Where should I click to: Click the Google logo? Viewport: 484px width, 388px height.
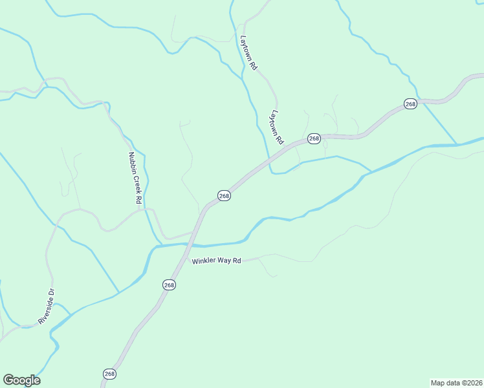click(x=21, y=380)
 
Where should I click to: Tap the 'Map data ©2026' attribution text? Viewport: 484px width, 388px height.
click(x=456, y=382)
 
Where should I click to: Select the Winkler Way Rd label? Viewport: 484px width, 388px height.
click(x=216, y=261)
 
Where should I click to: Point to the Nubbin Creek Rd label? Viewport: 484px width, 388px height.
click(x=135, y=178)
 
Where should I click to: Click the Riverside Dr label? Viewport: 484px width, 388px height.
click(x=47, y=307)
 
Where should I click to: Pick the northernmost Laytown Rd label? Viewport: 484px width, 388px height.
click(x=249, y=53)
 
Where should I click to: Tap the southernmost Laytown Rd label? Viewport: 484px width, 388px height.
click(x=277, y=127)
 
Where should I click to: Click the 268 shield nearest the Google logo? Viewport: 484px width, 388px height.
click(x=109, y=374)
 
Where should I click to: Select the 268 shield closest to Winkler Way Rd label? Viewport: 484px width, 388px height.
click(x=168, y=285)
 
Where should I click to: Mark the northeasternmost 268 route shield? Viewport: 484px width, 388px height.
click(x=410, y=103)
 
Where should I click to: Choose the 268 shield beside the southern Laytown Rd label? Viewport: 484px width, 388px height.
click(x=314, y=138)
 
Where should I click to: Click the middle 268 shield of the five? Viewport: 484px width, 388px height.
click(x=224, y=195)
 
